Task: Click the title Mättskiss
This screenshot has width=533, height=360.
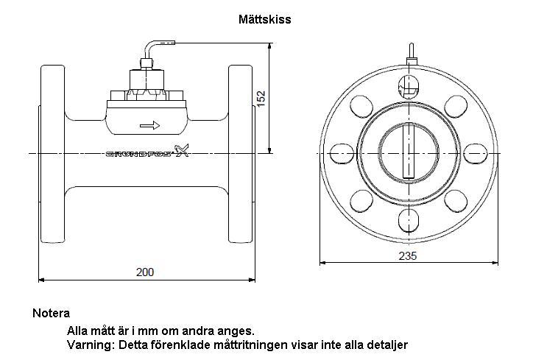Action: (x=264, y=19)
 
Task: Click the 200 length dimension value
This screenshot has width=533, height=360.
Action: (x=145, y=272)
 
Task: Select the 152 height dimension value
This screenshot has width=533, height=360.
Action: (x=261, y=99)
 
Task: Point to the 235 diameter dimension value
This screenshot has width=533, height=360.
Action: (x=408, y=255)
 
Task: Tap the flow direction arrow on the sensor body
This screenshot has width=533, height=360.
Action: (x=150, y=125)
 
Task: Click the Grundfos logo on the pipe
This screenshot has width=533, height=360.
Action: (x=147, y=152)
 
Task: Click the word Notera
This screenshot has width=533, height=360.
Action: (x=52, y=313)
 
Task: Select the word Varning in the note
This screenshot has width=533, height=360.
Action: (x=89, y=345)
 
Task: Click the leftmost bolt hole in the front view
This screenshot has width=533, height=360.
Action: (x=342, y=153)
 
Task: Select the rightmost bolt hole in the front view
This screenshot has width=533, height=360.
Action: (x=476, y=153)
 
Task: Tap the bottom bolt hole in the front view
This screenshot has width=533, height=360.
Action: (x=409, y=220)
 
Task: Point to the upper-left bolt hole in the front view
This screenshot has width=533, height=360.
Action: (x=361, y=107)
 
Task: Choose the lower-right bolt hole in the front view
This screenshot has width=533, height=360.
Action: (x=456, y=200)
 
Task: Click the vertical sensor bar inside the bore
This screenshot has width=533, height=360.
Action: (x=409, y=151)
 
